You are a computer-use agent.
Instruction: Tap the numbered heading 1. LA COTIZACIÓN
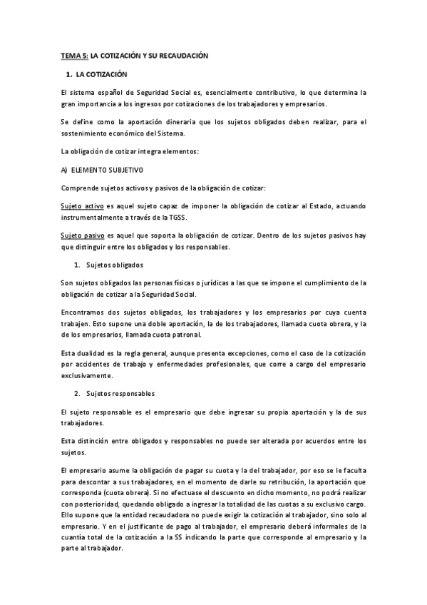[x=96, y=73]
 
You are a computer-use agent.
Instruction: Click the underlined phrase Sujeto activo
[x=81, y=205]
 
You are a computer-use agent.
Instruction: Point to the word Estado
[x=316, y=205]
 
